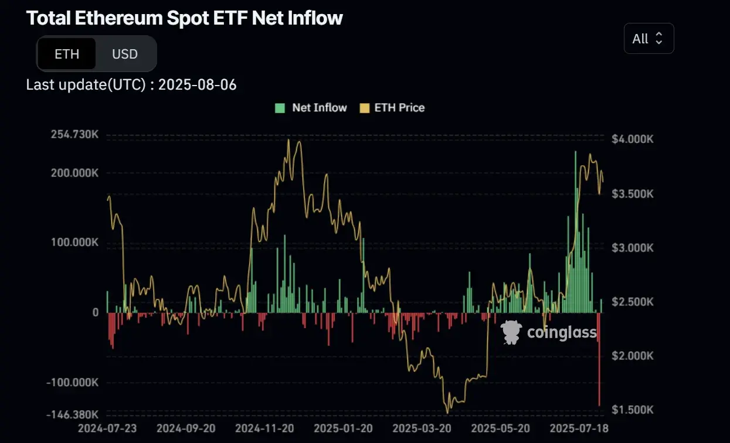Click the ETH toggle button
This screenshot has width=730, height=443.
click(67, 54)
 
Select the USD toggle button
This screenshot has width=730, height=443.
click(125, 54)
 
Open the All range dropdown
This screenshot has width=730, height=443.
click(648, 39)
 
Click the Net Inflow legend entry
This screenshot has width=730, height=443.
click(312, 108)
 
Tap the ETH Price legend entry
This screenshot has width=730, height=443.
click(393, 108)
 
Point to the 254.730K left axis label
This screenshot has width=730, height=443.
click(74, 135)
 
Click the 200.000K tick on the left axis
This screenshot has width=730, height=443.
click(74, 173)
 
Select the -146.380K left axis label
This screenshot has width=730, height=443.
click(73, 414)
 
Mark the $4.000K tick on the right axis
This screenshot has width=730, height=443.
click(633, 139)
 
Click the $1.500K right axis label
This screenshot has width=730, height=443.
click(633, 410)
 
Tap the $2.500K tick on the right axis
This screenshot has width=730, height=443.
click(633, 302)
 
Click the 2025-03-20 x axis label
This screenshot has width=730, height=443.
click(422, 428)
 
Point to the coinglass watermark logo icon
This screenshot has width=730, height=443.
click(511, 332)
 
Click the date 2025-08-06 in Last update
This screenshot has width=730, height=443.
click(198, 85)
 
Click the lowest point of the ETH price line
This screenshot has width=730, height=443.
click(448, 412)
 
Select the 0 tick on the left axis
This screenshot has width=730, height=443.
click(95, 313)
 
